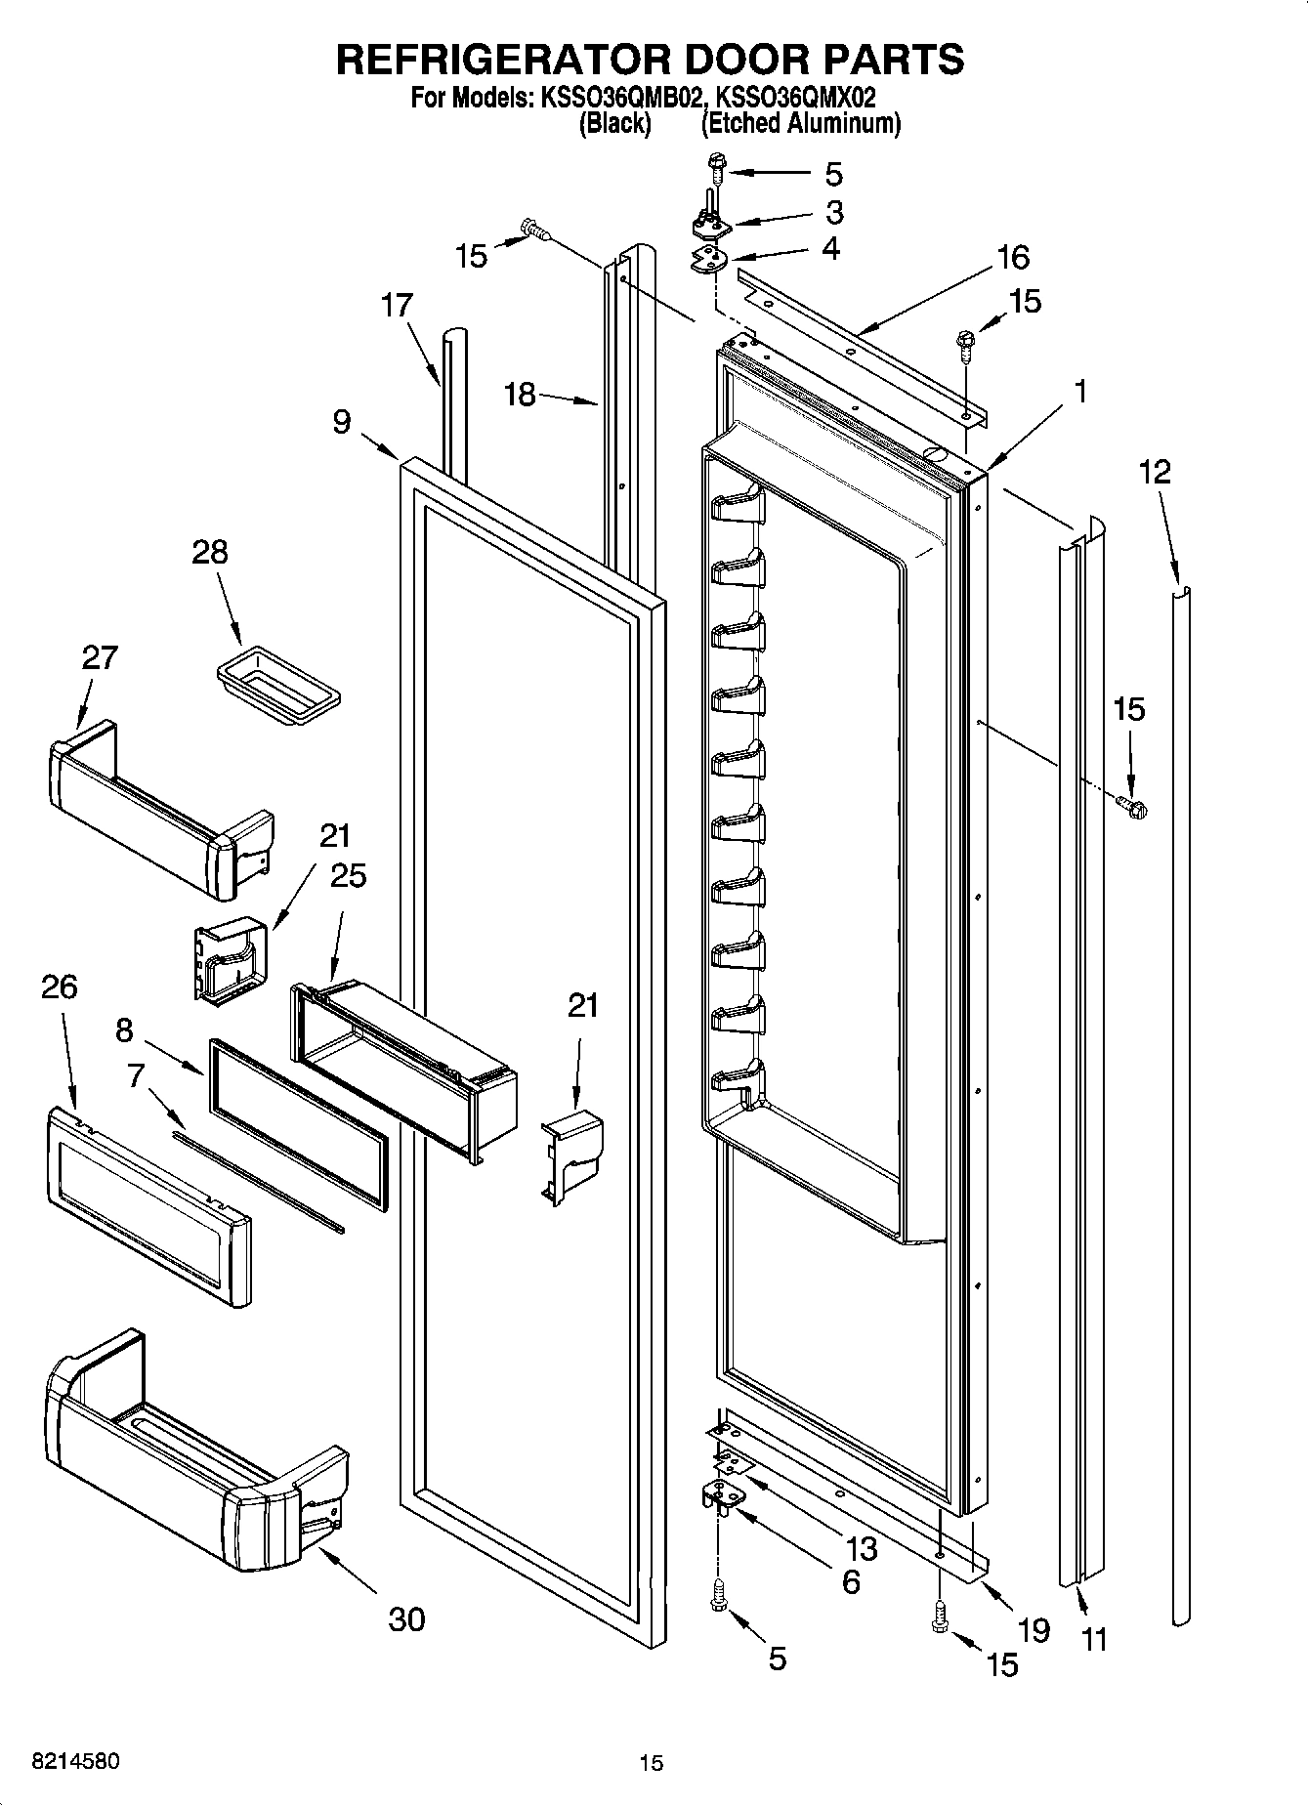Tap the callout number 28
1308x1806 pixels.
tap(209, 552)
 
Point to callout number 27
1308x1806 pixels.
tap(99, 657)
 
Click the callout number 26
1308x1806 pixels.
tap(59, 987)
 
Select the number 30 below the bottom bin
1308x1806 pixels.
tap(406, 1619)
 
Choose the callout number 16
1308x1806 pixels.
tap(1013, 258)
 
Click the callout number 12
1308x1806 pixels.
tap(1154, 472)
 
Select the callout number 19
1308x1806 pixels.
tap(1033, 1629)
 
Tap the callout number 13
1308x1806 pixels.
tap(862, 1548)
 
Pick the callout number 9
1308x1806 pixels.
tap(341, 422)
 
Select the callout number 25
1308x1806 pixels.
tap(348, 875)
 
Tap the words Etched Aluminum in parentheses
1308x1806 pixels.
tap(801, 123)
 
